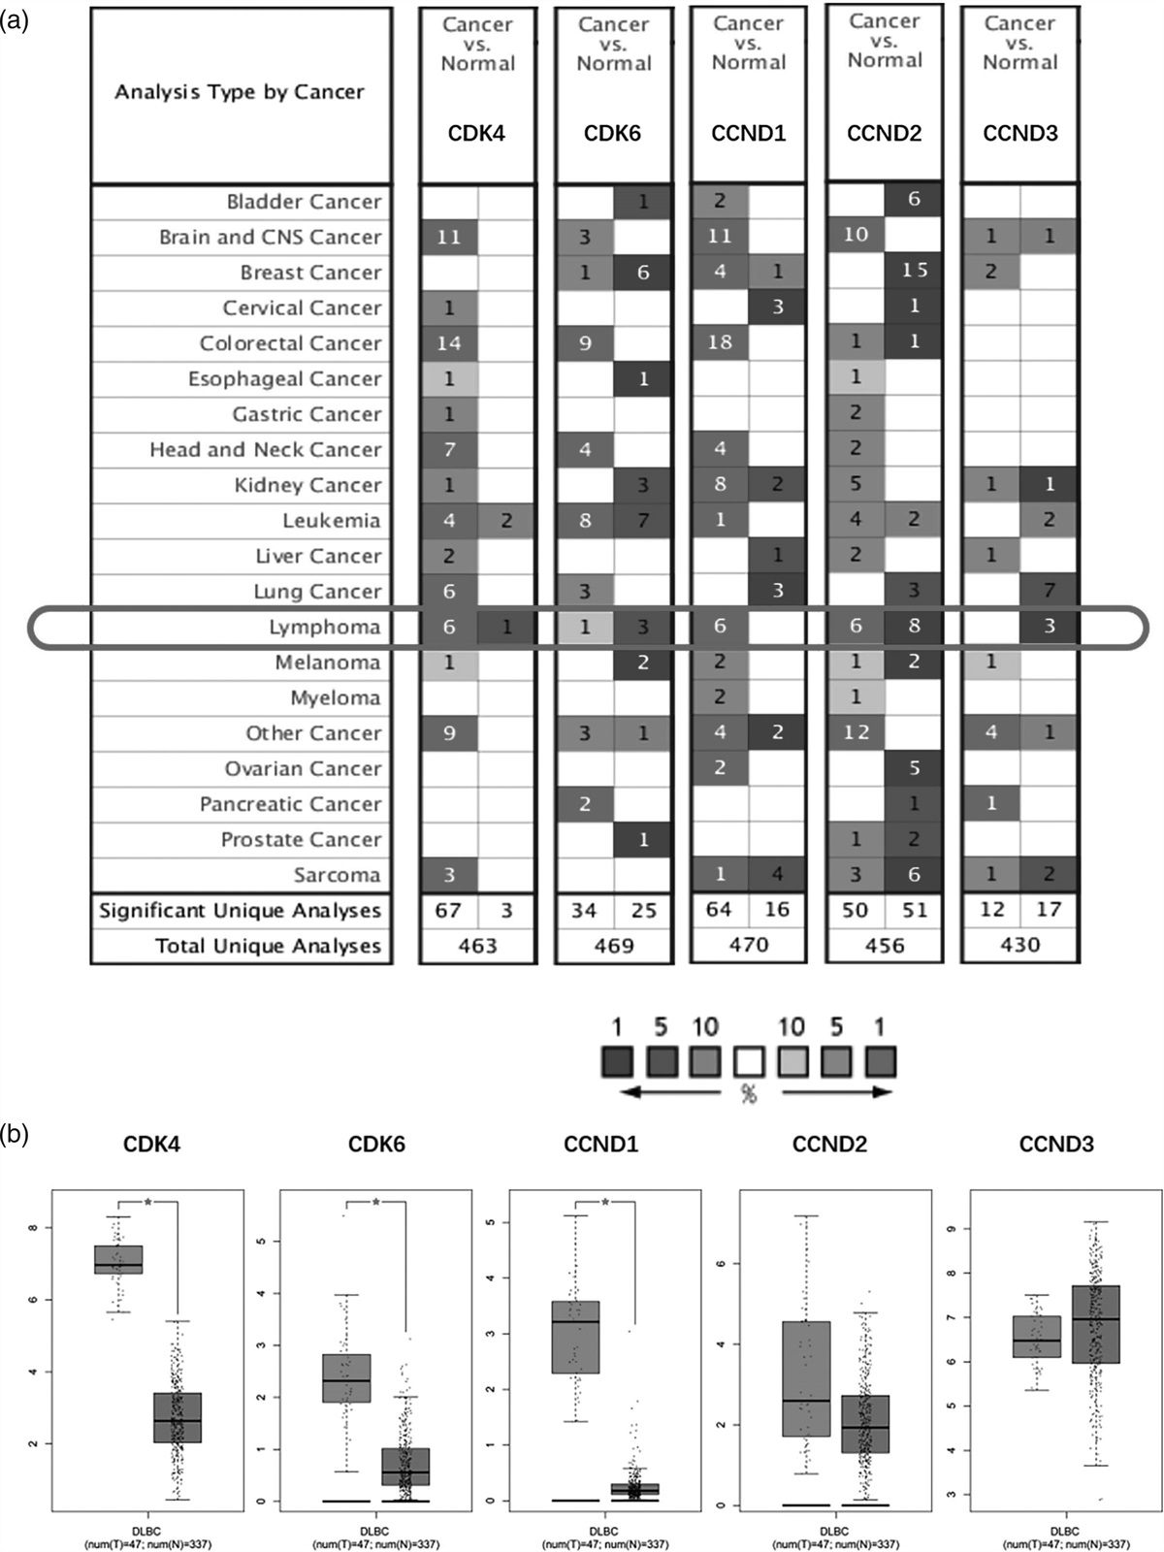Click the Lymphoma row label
(x=324, y=628)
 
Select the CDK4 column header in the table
(x=476, y=133)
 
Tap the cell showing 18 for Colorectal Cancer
(x=720, y=342)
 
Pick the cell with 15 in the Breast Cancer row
(x=914, y=271)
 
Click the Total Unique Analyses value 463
(x=477, y=946)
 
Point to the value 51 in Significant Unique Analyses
(x=914, y=910)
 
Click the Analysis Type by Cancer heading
(x=240, y=92)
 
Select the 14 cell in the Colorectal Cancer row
(x=448, y=343)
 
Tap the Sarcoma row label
(x=338, y=875)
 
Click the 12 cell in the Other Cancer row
(x=856, y=732)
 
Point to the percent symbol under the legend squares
(x=749, y=1094)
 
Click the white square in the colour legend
(x=749, y=1062)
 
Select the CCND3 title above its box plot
(x=1056, y=1145)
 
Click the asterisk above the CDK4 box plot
(x=147, y=1203)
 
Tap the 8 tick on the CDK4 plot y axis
(x=33, y=1227)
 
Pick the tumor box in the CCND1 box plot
(x=575, y=1337)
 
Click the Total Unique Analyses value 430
(x=1019, y=945)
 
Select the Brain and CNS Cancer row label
(x=271, y=238)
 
